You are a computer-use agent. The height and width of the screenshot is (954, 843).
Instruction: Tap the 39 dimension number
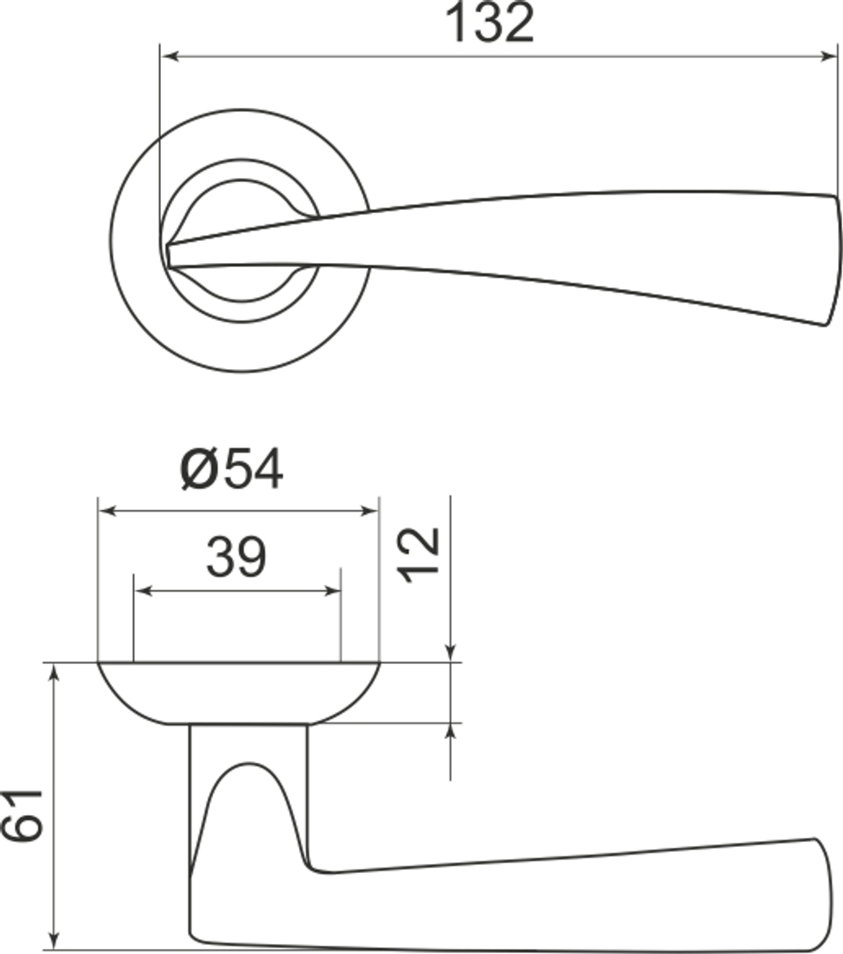pos(237,557)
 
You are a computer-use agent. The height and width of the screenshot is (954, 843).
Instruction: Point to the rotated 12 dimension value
pos(419,555)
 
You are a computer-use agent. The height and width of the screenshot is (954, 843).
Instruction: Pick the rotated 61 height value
pos(22,815)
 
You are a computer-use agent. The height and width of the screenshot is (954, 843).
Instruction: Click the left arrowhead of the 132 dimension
pos(168,56)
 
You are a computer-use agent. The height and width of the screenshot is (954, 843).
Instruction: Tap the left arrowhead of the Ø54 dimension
pos(106,511)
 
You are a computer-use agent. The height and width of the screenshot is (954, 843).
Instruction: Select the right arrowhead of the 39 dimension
pos(333,591)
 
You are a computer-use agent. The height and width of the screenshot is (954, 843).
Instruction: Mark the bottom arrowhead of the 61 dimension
pos(54,939)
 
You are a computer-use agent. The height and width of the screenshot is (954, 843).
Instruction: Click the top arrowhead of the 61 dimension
pos(54,671)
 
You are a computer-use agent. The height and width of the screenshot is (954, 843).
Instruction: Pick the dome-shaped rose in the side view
pos(239,693)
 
